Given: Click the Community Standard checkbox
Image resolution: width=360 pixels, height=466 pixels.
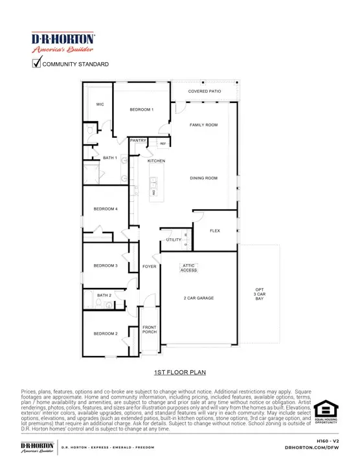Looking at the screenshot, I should [x=37, y=63].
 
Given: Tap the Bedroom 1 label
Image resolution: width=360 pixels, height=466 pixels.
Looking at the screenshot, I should [x=141, y=109].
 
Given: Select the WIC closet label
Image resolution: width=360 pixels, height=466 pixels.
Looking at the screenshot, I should [x=100, y=104].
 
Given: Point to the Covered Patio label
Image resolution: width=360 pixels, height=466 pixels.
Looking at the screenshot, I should [x=205, y=91].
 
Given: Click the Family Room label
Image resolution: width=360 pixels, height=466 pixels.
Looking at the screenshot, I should [x=203, y=124].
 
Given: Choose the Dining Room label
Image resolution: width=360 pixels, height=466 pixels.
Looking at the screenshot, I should [x=203, y=178].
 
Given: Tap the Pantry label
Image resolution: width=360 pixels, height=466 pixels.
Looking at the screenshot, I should [x=137, y=140].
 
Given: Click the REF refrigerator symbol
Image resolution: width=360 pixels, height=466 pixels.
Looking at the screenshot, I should [x=163, y=144].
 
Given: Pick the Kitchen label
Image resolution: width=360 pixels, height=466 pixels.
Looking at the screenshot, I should [x=156, y=161].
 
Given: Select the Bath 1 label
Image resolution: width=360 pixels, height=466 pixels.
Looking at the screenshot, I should [x=110, y=157].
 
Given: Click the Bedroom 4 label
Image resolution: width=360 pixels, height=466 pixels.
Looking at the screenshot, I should [x=106, y=209].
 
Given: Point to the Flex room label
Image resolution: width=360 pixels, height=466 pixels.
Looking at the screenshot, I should [x=215, y=230].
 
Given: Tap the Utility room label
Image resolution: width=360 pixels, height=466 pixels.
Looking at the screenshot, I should [x=174, y=239].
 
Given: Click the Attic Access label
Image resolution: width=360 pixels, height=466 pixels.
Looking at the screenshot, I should [x=188, y=267].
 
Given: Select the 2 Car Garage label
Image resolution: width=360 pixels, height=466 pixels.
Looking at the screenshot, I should [x=198, y=298].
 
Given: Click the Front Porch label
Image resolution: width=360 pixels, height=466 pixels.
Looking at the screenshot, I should [x=150, y=330].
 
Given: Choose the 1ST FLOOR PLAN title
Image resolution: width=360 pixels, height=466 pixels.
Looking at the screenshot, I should [x=180, y=372].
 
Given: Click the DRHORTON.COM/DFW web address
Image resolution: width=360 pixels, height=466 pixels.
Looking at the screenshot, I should [x=321, y=447].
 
